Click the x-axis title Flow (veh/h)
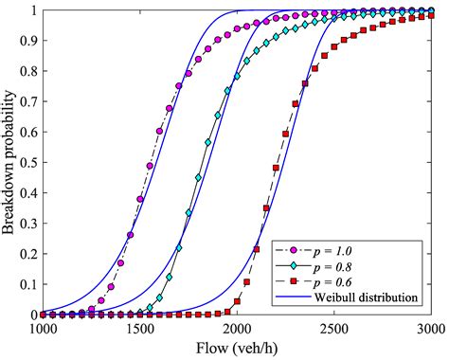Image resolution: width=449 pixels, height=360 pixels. point(237,348)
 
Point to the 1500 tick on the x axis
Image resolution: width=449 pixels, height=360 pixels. point(139,328)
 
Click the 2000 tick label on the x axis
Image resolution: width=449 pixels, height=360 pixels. point(237,328)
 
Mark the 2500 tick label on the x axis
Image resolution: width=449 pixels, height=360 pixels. point(333,328)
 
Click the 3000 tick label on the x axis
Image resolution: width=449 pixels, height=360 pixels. point(429,328)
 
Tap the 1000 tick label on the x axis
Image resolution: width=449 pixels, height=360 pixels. point(44,328)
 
